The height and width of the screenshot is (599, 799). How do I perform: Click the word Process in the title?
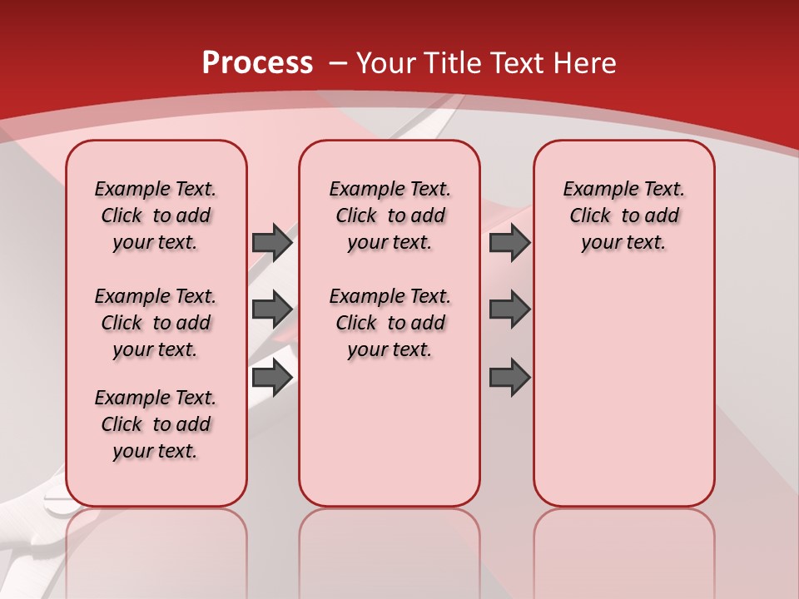(x=257, y=63)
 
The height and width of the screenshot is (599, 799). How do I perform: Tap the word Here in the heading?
(x=586, y=63)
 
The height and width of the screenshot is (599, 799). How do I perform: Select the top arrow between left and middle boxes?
(x=272, y=242)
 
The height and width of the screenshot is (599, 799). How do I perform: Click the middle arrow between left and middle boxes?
(x=272, y=309)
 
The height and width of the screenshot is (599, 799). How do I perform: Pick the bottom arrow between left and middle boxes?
(x=272, y=377)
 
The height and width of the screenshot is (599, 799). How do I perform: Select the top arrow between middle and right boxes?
(x=509, y=242)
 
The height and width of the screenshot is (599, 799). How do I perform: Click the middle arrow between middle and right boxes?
(x=509, y=309)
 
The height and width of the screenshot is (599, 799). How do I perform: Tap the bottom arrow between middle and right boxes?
(x=509, y=377)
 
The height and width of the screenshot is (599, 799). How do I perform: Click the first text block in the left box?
(x=156, y=215)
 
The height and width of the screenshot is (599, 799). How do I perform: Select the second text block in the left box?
(x=156, y=323)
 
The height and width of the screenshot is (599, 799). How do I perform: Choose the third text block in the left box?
(x=156, y=424)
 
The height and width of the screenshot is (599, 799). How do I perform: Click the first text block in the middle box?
(x=390, y=215)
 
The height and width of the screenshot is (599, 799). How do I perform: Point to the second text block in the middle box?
(x=390, y=323)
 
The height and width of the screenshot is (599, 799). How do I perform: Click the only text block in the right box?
(x=624, y=215)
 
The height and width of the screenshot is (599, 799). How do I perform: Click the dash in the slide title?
(x=338, y=63)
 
